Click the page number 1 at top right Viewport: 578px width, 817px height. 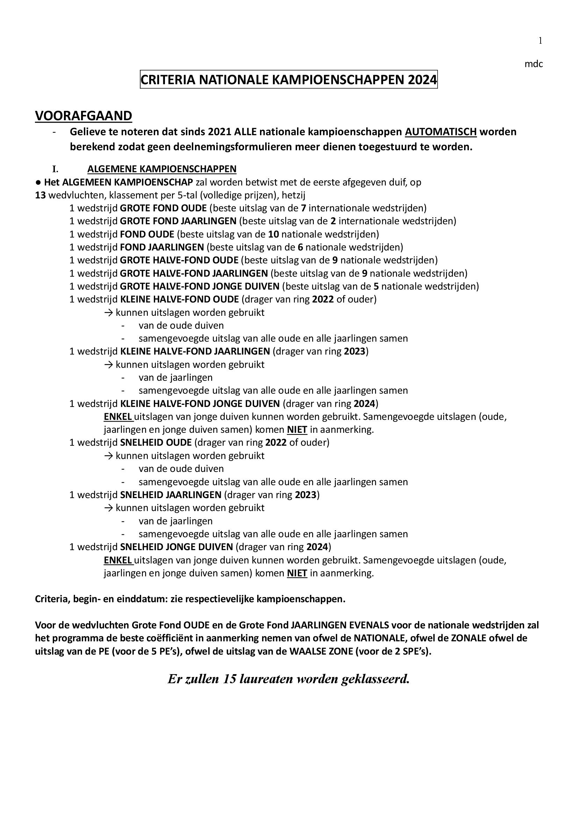(x=540, y=41)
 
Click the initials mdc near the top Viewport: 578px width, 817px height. (x=534, y=64)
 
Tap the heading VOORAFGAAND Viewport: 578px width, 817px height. (x=83, y=116)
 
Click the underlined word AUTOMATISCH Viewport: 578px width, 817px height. (x=441, y=132)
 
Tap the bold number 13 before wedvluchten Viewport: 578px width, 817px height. (x=40, y=195)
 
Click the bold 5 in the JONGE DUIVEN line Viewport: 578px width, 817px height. (x=376, y=286)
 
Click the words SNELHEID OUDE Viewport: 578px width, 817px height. (x=156, y=442)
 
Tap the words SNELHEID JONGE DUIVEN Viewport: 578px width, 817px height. (x=176, y=547)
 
